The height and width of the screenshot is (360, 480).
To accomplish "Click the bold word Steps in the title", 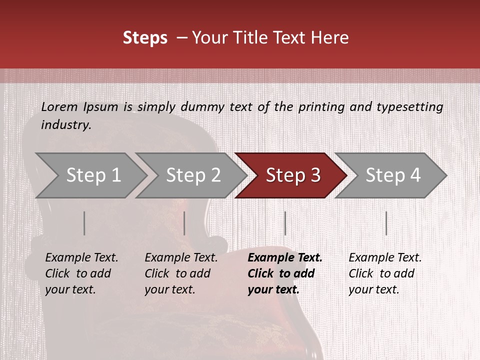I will (x=145, y=38).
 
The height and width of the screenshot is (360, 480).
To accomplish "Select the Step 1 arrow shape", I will (x=90, y=175).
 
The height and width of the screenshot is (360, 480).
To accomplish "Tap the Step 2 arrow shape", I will (x=192, y=175).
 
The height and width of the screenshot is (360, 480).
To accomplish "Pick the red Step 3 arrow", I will (x=292, y=175).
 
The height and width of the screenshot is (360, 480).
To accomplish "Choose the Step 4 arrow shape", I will (x=392, y=175).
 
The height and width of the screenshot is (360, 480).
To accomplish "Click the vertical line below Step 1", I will (x=84, y=223).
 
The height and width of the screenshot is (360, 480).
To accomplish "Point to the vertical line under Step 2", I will (x=184, y=223).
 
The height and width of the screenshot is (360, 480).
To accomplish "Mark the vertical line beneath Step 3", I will (x=285, y=223).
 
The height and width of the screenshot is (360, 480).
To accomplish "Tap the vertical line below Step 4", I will (x=386, y=223).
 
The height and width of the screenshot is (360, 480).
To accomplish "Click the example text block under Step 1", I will (x=81, y=273).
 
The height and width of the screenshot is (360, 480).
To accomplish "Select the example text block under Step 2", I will (x=181, y=273).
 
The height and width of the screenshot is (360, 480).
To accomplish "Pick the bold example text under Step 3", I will (x=284, y=273).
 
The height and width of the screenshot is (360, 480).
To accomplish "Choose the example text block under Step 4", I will (x=385, y=273).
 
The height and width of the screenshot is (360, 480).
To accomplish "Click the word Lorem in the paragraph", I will (x=59, y=106).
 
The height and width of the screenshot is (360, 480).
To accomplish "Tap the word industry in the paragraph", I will (x=66, y=125).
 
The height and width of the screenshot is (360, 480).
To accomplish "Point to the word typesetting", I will (x=409, y=107).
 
